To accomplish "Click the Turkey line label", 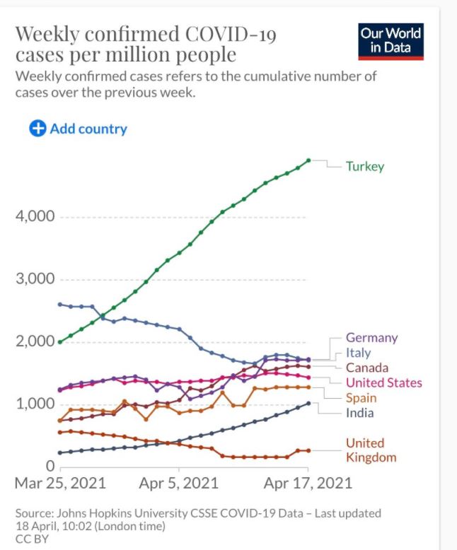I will pyautogui.click(x=365, y=167).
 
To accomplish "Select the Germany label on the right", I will pyautogui.click(x=371, y=338).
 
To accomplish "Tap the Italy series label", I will pyautogui.click(x=358, y=353).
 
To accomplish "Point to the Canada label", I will pyautogui.click(x=366, y=368).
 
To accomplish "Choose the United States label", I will pyautogui.click(x=383, y=382).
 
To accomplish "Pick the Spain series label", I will pyautogui.click(x=360, y=398).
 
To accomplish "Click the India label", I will pyautogui.click(x=359, y=413).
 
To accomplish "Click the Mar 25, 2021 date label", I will pyautogui.click(x=61, y=484).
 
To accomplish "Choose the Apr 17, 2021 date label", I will pyautogui.click(x=307, y=484).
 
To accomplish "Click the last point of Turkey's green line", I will pyautogui.click(x=308, y=160).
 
